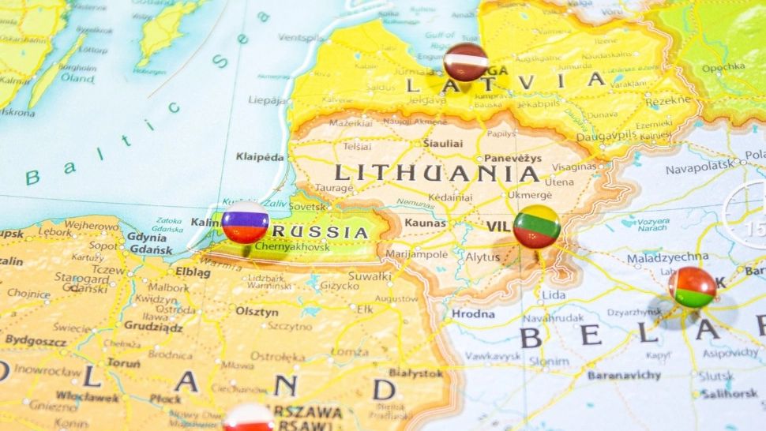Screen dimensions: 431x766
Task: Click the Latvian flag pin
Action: click(x=465, y=62)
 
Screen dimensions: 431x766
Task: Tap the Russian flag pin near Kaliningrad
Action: click(x=245, y=222)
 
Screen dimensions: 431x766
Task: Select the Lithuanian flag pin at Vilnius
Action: click(x=537, y=227)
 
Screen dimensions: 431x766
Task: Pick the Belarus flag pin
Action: click(x=693, y=287)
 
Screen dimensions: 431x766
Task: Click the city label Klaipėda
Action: click(x=260, y=157)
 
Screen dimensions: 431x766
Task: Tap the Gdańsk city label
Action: click(x=147, y=250)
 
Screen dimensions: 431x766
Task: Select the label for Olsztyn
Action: click(x=257, y=312)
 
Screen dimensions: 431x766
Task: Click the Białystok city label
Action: click(x=415, y=373)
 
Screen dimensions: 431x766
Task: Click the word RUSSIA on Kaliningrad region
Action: click(x=331, y=232)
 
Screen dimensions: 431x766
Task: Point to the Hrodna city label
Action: click(x=472, y=314)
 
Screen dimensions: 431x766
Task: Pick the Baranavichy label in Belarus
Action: click(x=623, y=376)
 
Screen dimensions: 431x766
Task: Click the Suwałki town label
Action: click(x=370, y=277)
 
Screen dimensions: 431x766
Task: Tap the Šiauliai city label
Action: click(x=443, y=143)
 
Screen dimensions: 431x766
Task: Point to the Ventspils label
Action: click(x=301, y=37)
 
